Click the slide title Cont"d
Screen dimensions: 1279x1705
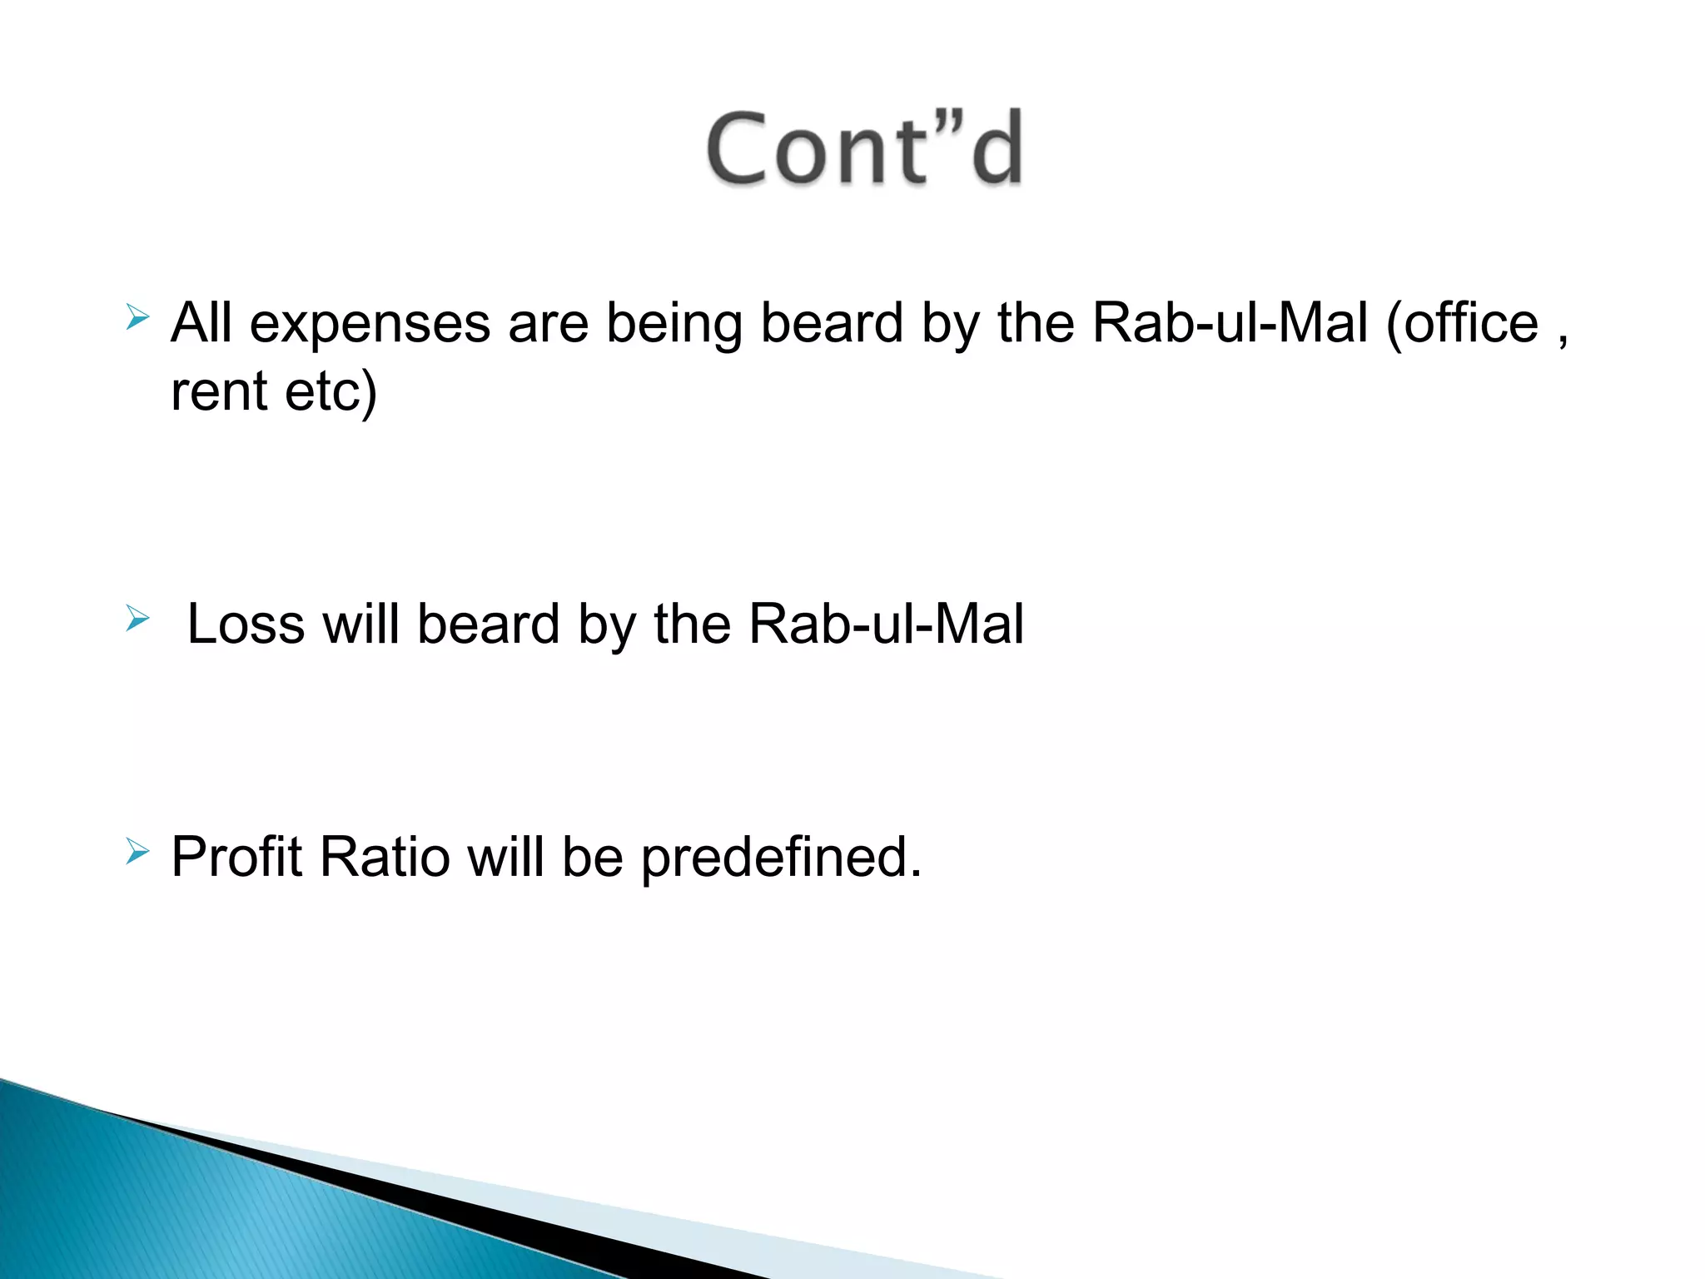pyautogui.click(x=864, y=150)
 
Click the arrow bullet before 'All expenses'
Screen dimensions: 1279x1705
pyautogui.click(x=137, y=317)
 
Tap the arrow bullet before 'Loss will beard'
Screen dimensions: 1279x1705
pyautogui.click(x=137, y=619)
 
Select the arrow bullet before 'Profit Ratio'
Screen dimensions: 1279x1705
pyautogui.click(x=137, y=852)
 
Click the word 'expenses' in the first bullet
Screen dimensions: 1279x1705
pyautogui.click(x=370, y=325)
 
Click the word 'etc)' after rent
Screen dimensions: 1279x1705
pyautogui.click(x=331, y=393)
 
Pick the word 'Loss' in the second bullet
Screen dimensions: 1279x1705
pyautogui.click(x=246, y=625)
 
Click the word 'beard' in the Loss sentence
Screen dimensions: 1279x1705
pyautogui.click(x=488, y=625)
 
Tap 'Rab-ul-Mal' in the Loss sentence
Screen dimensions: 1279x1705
pyautogui.click(x=886, y=625)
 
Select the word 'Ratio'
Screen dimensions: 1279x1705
pyautogui.click(x=384, y=858)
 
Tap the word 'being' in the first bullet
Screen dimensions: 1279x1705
pyautogui.click(x=674, y=325)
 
